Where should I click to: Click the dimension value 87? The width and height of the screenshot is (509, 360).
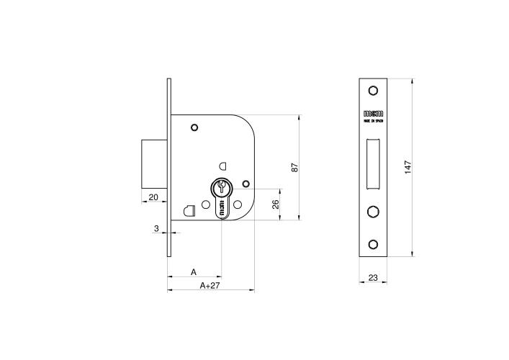pos(294,167)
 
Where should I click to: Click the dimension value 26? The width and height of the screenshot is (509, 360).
pos(275,204)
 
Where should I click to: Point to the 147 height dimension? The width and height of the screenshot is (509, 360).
pos(407,166)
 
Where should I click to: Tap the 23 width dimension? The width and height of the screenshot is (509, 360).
pos(373,277)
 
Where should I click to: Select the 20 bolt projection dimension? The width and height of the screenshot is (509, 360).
pos(153,197)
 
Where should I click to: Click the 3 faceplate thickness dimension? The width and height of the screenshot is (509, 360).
pos(156,228)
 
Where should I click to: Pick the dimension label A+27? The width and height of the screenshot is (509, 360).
pos(210,286)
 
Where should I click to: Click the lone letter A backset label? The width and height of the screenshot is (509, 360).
pos(193,271)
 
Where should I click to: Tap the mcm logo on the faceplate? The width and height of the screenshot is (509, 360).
pos(373,114)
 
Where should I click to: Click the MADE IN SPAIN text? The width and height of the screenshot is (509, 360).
pos(373,122)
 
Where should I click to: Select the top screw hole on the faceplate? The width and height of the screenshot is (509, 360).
pos(373,91)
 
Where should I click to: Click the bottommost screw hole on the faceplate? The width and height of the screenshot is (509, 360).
pos(373,244)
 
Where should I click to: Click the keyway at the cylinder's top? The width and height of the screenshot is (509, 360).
pos(222,189)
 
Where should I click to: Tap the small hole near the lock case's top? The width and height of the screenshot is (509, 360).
pos(194,128)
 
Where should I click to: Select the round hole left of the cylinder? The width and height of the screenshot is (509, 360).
pos(206,204)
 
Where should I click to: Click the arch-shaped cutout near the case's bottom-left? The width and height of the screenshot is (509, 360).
pos(189,211)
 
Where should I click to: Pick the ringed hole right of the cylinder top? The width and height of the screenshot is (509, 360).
pos(246,183)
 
